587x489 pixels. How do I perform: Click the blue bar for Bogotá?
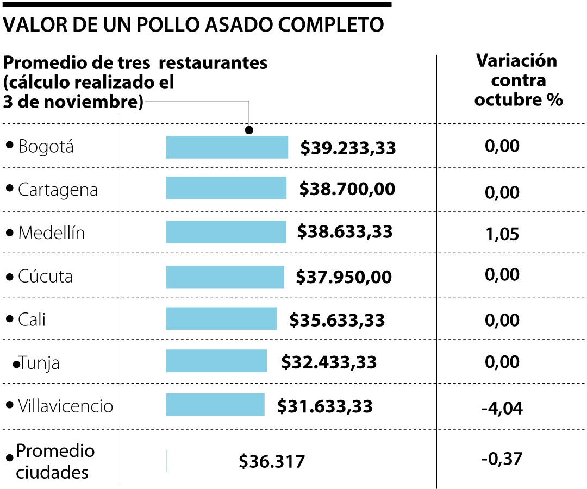pos(227,147)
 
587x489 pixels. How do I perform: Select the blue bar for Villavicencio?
pos(215,405)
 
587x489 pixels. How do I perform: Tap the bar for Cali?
pos(221,319)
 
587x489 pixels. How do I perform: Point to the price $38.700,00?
pos(347,189)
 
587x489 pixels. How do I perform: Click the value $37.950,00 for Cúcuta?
pos(344,277)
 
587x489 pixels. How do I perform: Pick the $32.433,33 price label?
pos(329,361)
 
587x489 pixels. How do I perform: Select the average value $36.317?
pos(272,461)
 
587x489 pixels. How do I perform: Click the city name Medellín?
pos(52,233)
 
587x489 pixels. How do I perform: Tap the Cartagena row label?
pos(58,190)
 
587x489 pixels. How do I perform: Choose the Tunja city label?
pos(40,362)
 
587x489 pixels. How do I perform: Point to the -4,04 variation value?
pos(502,407)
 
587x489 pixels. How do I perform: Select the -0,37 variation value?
pos(502,459)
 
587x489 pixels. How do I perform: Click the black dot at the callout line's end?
pos(249,130)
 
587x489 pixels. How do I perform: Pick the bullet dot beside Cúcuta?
pos(9,277)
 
